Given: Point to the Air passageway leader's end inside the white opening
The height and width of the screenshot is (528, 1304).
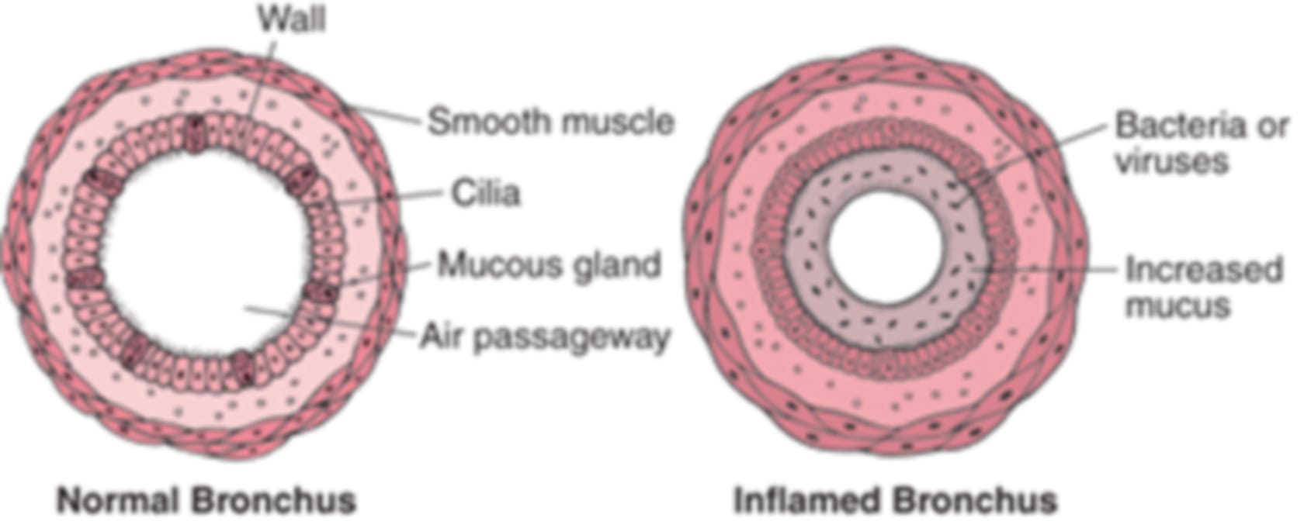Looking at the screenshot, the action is pyautogui.click(x=244, y=307).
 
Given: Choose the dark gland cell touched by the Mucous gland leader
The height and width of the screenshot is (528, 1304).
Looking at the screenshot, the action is pyautogui.click(x=322, y=288).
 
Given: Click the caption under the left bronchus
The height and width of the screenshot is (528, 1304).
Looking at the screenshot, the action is pyautogui.click(x=206, y=499).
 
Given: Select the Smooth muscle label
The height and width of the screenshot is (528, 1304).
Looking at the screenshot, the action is pyautogui.click(x=551, y=122).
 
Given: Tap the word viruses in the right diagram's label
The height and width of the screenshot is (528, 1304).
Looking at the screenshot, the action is pyautogui.click(x=1171, y=160).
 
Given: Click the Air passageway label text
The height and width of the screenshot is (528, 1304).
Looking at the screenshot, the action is pyautogui.click(x=545, y=337).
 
